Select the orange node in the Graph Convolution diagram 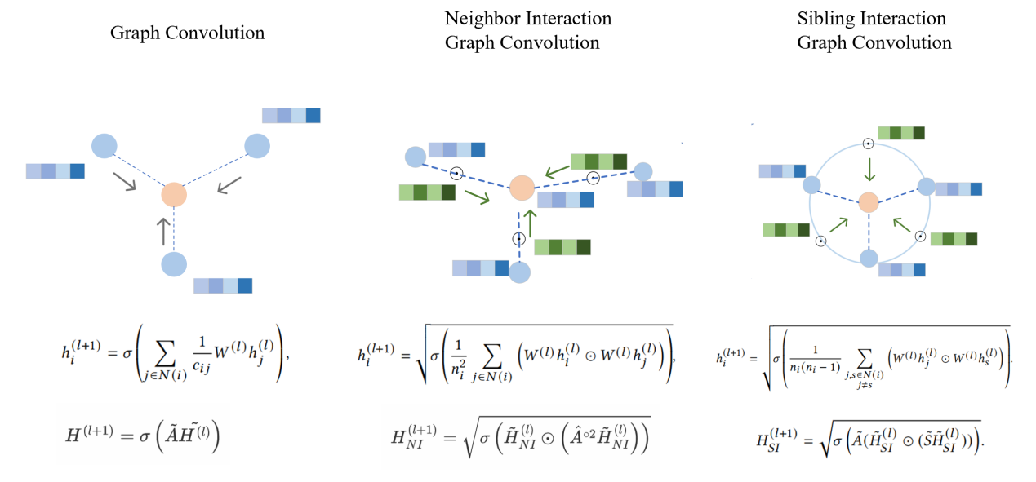[x=174, y=195]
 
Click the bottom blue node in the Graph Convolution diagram [x=174, y=264]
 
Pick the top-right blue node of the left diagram [x=257, y=146]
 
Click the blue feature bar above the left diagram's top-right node [x=291, y=115]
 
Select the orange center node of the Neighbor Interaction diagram [x=522, y=187]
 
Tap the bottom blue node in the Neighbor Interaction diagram [x=520, y=273]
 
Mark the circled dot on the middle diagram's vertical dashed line [x=518, y=239]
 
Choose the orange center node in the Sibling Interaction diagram [x=869, y=201]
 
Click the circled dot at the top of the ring [x=869, y=143]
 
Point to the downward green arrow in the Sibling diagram [x=870, y=169]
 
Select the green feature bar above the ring [x=900, y=133]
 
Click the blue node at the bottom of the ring [x=869, y=259]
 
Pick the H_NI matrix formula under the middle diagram [x=521, y=440]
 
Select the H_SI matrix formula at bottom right [x=868, y=440]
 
